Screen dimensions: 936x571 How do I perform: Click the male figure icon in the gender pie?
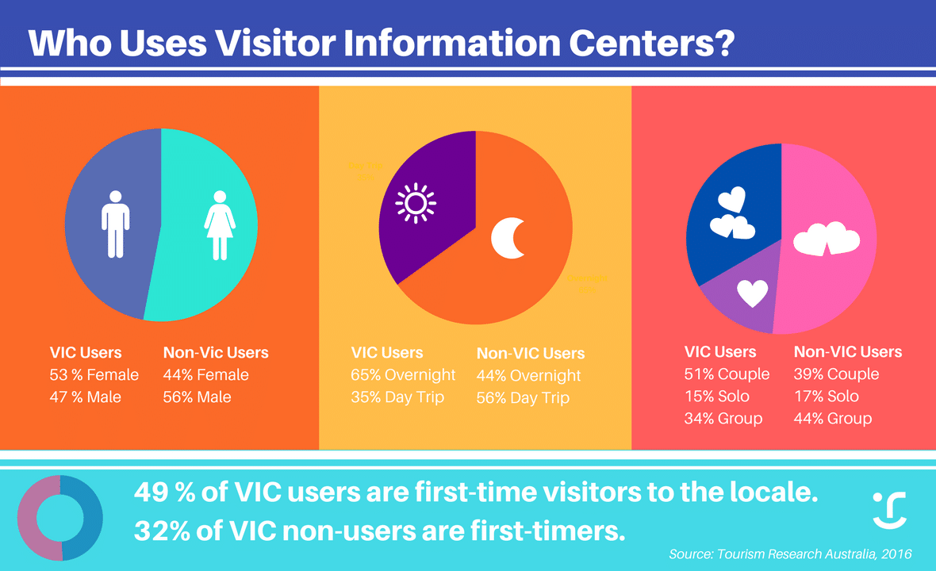[115, 224]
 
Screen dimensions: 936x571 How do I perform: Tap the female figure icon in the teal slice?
[220, 225]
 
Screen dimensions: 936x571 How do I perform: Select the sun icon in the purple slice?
[416, 204]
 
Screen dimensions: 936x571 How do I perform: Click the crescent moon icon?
[508, 238]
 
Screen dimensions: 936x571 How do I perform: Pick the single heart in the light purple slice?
[752, 293]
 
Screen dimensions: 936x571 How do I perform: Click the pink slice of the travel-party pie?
[827, 239]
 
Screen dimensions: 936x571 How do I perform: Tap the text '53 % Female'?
[94, 374]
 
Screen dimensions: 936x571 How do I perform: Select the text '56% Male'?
[197, 397]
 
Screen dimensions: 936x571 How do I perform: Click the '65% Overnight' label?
[403, 374]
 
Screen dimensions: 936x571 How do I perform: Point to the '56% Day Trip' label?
[523, 397]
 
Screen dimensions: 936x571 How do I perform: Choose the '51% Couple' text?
[727, 374]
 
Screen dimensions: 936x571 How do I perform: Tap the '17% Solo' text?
[827, 397]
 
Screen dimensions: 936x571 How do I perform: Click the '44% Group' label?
[833, 418]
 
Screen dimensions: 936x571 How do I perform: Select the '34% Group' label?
[723, 418]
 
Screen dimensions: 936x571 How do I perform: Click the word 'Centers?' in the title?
[651, 43]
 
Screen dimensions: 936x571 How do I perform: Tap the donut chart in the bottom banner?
[26, 517]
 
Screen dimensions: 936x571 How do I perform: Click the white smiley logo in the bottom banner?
[889, 510]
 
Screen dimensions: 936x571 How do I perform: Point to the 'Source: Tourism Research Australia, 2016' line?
[790, 554]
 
